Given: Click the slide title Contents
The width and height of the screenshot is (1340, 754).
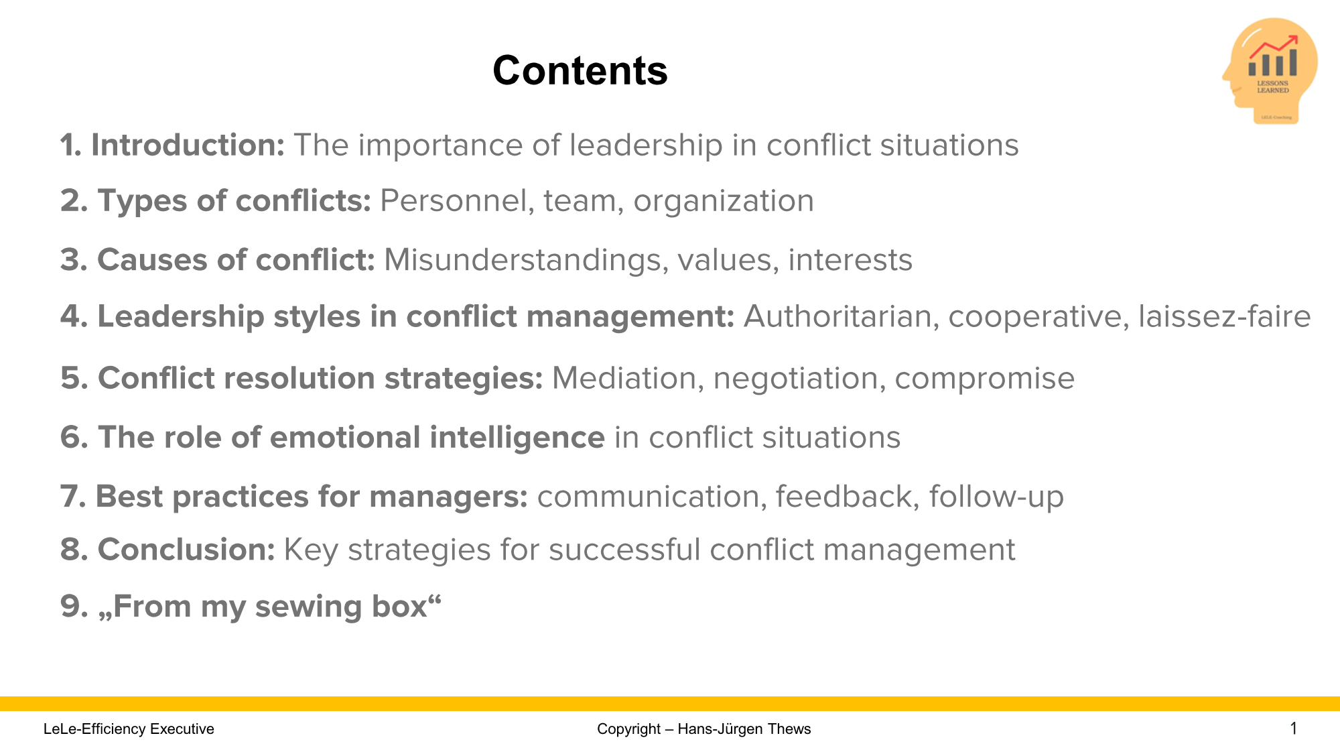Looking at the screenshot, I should (580, 70).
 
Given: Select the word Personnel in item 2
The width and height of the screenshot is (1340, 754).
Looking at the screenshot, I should (454, 200).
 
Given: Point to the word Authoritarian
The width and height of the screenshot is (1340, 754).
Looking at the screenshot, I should (837, 316).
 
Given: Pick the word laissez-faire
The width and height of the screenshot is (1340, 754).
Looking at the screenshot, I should (1224, 316).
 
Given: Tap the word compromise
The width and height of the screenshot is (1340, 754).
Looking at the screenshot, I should (984, 378).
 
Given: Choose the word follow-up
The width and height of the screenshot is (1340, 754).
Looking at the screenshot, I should (996, 497).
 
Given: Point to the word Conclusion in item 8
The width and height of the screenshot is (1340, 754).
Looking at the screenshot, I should (186, 550).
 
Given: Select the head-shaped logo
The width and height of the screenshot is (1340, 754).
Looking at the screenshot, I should (1270, 70).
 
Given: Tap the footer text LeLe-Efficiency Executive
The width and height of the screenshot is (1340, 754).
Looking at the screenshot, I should (129, 729).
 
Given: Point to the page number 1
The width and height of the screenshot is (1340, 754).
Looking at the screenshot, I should (1293, 728).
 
